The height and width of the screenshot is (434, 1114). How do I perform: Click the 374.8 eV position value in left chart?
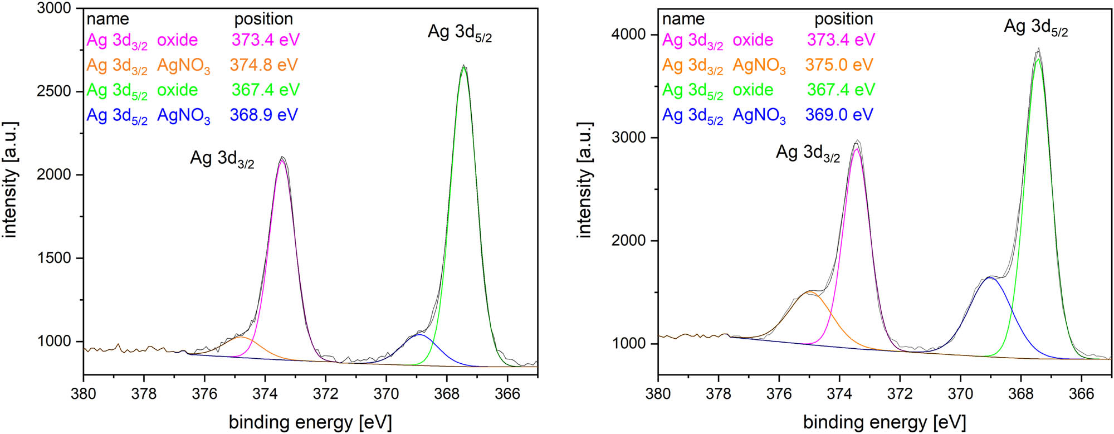(x=263, y=65)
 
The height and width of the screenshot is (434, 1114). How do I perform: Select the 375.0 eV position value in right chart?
(x=839, y=65)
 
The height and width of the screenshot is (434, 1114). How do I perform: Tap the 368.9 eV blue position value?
(x=263, y=115)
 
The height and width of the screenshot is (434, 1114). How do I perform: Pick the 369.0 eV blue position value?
(x=839, y=115)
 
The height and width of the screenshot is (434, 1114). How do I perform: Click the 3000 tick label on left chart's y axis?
(x=54, y=8)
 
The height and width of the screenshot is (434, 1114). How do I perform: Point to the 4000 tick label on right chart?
(x=629, y=35)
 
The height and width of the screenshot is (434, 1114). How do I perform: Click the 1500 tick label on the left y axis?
(x=54, y=258)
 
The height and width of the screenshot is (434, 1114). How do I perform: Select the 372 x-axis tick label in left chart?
(x=325, y=394)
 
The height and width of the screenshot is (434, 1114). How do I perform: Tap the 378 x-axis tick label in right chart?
(x=718, y=394)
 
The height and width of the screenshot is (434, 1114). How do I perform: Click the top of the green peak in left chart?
(x=464, y=67)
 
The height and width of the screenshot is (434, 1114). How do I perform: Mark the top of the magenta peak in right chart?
(x=857, y=149)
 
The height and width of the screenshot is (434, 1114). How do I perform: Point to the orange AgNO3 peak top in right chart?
(x=811, y=292)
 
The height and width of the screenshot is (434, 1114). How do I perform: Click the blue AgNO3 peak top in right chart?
(x=990, y=277)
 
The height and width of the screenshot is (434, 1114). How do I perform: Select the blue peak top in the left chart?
(x=419, y=335)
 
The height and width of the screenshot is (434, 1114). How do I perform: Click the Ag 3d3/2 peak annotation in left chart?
(x=222, y=159)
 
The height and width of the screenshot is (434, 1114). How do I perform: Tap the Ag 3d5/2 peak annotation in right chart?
(x=1035, y=27)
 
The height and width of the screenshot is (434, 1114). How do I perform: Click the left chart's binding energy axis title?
(x=310, y=422)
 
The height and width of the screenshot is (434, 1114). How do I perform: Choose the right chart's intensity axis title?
(x=584, y=180)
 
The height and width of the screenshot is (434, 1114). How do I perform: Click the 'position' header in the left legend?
(x=263, y=19)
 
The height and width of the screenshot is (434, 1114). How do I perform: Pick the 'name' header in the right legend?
(x=683, y=19)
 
